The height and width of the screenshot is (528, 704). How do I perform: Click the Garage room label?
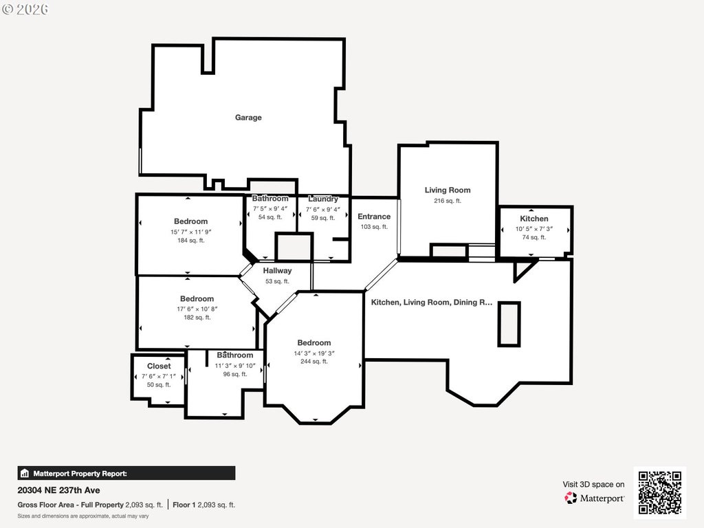[248, 117]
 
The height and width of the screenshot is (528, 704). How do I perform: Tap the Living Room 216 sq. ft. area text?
[447, 201]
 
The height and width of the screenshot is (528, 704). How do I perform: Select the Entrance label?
[374, 217]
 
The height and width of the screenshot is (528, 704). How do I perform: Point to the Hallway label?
[277, 271]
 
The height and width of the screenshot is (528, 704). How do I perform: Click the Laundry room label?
[323, 199]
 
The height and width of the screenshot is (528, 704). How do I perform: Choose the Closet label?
[159, 366]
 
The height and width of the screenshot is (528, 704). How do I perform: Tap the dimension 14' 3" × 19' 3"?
[313, 353]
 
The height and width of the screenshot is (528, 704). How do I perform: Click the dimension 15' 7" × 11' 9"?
[191, 232]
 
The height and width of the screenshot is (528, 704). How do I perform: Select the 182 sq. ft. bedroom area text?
[197, 318]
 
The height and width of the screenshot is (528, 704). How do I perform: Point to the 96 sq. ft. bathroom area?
[235, 374]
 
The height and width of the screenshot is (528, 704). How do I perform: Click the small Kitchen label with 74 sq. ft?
[533, 219]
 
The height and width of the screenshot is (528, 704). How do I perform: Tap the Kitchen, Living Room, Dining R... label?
[432, 302]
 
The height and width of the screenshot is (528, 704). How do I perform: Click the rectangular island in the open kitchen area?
[509, 324]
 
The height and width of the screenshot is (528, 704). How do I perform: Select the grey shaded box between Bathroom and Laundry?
[294, 247]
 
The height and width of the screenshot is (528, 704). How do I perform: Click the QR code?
[660, 492]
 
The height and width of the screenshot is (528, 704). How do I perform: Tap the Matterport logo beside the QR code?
[594, 498]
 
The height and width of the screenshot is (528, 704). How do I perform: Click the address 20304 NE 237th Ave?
[59, 490]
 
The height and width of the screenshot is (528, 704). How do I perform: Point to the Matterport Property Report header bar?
[126, 473]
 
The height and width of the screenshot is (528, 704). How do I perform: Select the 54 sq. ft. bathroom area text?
[270, 217]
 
